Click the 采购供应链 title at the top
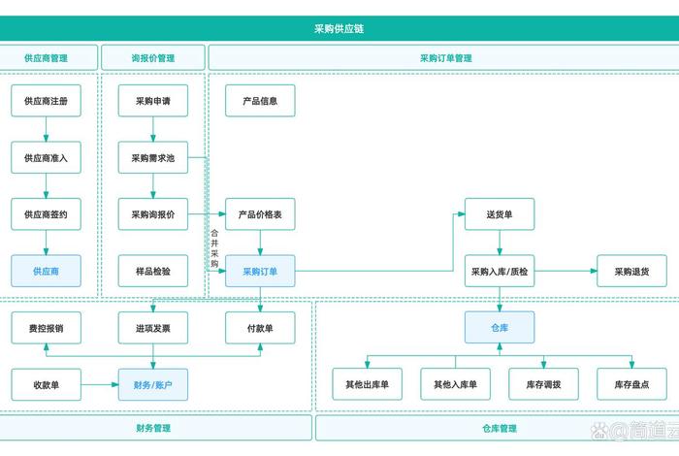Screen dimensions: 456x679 339,29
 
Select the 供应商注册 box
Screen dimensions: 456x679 46,101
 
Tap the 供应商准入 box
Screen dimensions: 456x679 46,158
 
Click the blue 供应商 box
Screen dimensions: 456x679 46,272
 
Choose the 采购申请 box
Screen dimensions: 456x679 153,101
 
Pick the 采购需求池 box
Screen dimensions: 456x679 153,158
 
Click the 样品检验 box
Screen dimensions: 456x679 153,272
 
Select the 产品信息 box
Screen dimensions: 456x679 260,101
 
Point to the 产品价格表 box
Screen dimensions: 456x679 260,214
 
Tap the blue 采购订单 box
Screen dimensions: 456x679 260,272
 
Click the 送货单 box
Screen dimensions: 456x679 500,214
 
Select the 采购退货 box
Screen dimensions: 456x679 632,272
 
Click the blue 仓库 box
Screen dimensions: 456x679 500,328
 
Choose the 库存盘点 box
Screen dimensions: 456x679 632,385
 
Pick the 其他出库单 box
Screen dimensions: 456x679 367,385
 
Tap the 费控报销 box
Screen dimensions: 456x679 46,328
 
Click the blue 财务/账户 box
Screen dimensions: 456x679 153,385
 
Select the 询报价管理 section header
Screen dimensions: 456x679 153,58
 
